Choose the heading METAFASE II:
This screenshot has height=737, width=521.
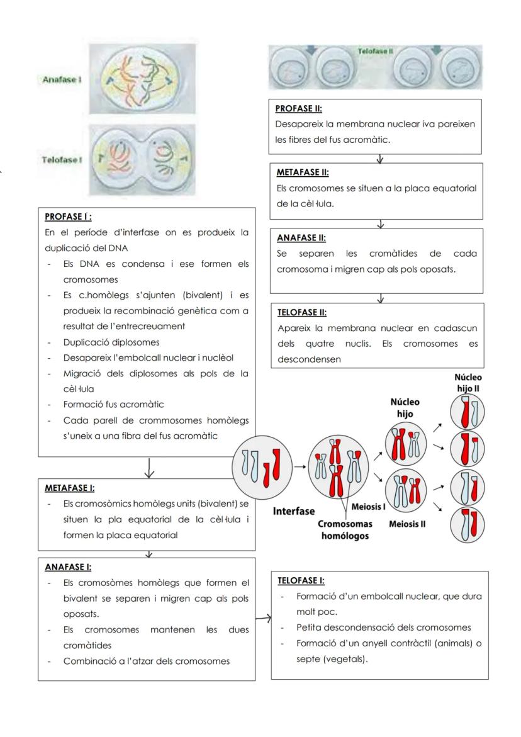coord(303,172)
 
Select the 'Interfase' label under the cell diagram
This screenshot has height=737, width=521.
coord(293,511)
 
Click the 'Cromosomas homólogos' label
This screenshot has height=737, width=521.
coord(344,529)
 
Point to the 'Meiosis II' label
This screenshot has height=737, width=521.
coord(407,524)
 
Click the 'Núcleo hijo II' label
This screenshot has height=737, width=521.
coord(468,383)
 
